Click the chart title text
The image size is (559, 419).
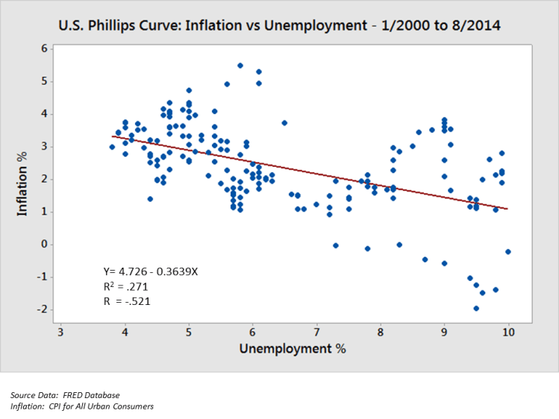click(x=279, y=25)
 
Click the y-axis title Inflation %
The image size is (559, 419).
click(x=23, y=182)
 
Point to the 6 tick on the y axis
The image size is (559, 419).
click(x=44, y=48)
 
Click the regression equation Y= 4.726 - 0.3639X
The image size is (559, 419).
click(x=150, y=271)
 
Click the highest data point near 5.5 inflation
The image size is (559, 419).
click(x=240, y=66)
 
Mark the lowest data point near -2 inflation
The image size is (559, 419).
click(x=476, y=308)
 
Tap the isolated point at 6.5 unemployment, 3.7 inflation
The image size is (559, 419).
click(x=284, y=123)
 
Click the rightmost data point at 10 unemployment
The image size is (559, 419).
click(x=508, y=252)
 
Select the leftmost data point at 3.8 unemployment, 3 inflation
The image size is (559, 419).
click(x=112, y=147)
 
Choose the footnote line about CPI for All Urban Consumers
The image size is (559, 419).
click(x=82, y=406)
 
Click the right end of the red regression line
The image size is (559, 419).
click(x=508, y=209)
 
